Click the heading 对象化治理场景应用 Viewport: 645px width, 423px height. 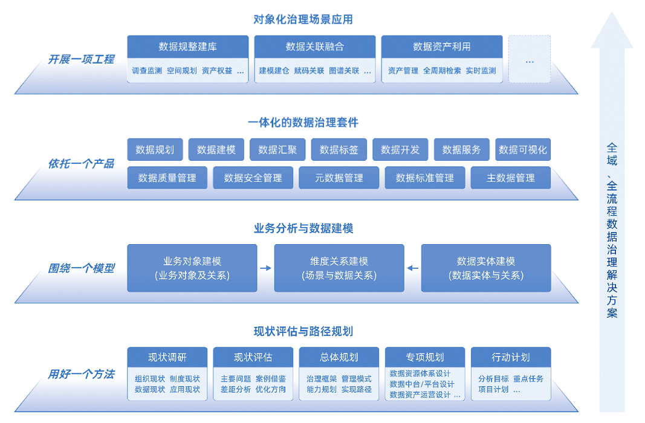tap(303, 19)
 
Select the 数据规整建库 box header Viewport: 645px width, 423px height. tap(188, 47)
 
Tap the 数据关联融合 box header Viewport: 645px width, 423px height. tap(315, 47)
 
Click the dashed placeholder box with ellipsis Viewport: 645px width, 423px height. tap(530, 59)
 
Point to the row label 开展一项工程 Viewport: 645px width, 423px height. tap(81, 60)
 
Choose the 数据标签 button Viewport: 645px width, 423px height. tap(339, 150)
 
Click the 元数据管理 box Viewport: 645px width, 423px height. tap(339, 178)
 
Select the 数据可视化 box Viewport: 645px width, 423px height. tap(523, 150)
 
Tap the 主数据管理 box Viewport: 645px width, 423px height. tap(511, 178)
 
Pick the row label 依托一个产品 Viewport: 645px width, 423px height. tap(81, 164)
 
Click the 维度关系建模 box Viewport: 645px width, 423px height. tap(339, 268)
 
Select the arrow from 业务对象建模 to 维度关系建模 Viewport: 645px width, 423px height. tap(265, 268)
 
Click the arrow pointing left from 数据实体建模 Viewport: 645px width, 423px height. tap(412, 268)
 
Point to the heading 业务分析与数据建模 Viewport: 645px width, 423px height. tap(303, 228)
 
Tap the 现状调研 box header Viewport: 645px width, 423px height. tap(167, 357)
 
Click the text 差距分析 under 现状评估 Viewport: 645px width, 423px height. tap(236, 390)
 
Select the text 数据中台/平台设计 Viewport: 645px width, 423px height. tap(422, 384)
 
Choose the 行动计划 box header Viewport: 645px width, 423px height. tap(511, 357)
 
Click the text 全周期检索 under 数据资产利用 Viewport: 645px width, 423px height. tap(442, 71)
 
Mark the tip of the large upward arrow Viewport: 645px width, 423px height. tap(612, 15)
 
